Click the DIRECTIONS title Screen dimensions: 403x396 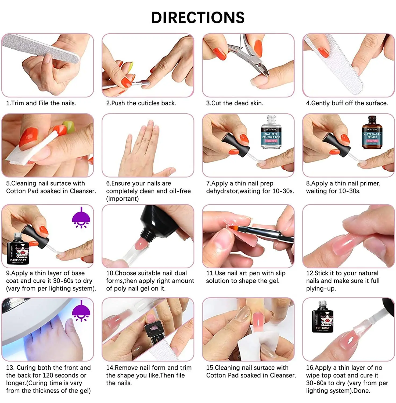point(198,18)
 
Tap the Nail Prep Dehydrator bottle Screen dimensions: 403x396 point(271,133)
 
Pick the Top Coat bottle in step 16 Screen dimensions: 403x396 point(322,318)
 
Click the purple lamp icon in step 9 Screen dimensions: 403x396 point(81,218)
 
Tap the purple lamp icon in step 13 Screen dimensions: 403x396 point(81,311)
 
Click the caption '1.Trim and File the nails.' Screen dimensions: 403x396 point(41,103)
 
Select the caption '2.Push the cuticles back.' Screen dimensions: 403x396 point(141,103)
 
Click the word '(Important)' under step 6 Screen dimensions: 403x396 point(123,199)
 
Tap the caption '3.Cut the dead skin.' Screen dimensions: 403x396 point(235,103)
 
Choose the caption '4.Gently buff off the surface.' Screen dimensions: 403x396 point(347,103)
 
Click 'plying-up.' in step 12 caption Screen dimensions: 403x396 point(321,289)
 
